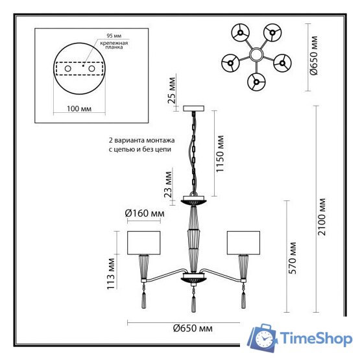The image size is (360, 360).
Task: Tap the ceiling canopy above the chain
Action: coord(194,108)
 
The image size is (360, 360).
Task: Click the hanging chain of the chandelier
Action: coord(193,152)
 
